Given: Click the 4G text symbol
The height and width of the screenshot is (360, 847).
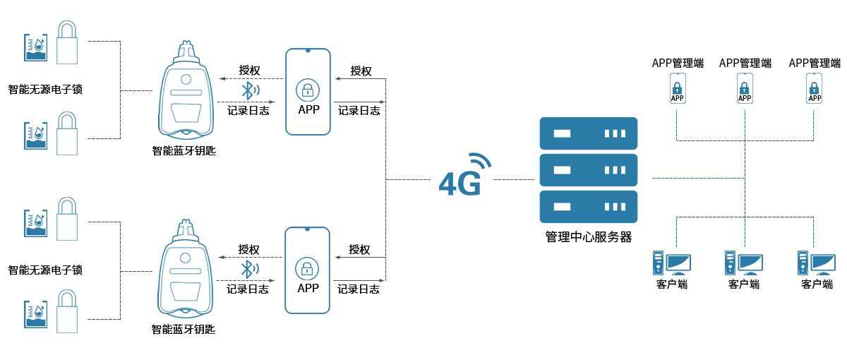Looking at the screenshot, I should click(460, 182).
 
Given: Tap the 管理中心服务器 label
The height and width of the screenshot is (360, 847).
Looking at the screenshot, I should click(588, 237).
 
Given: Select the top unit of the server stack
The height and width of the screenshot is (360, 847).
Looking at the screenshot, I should click(588, 133).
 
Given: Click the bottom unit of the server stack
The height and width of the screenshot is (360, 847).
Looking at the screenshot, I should click(588, 207).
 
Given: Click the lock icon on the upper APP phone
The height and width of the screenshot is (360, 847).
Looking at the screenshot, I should click(308, 90).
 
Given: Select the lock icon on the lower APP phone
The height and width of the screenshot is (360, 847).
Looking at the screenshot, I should click(308, 268).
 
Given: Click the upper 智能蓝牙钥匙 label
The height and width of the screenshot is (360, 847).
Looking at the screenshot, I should click(184, 150).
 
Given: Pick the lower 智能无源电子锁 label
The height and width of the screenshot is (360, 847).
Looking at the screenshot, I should click(45, 270).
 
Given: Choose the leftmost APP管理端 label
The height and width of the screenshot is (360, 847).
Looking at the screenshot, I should click(678, 63).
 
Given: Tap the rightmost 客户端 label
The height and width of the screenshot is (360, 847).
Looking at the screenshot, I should click(817, 284).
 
